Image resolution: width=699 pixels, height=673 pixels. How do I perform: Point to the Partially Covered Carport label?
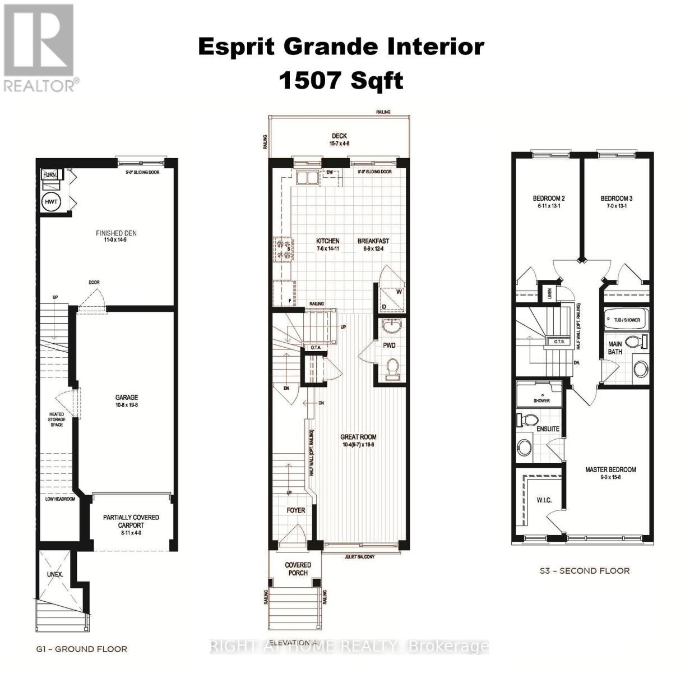point(131,521)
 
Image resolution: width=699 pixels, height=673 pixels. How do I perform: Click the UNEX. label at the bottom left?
point(55,575)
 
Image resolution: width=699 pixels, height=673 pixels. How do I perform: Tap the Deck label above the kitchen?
point(339,136)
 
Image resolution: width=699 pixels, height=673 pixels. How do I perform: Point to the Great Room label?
point(359,437)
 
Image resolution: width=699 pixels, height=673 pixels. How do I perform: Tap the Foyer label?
point(296,510)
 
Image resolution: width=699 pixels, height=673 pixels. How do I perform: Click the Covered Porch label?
point(298,569)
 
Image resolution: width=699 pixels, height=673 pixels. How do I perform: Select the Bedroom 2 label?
point(548,198)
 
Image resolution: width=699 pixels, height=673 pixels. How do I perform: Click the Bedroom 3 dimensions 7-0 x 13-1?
point(617,206)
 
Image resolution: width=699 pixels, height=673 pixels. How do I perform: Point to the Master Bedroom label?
point(610,469)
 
